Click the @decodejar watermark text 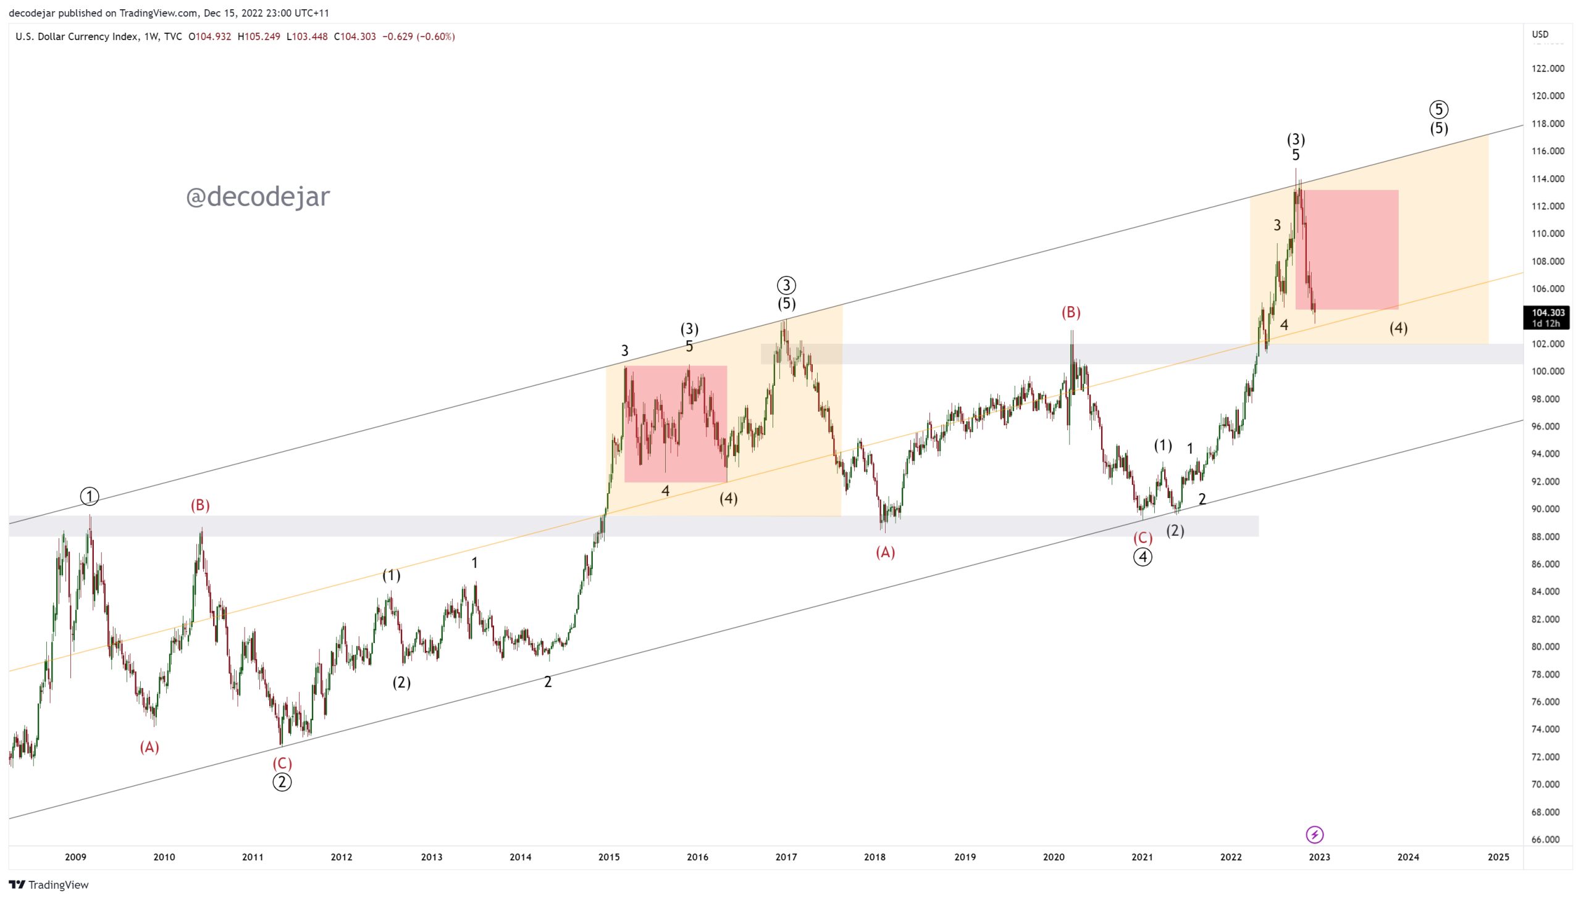click(258, 197)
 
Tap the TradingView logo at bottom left click(49, 884)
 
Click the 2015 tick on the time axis click(609, 857)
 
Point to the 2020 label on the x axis click(1054, 857)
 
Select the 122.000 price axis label click(1548, 69)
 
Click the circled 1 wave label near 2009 click(90, 496)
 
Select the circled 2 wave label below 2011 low click(282, 783)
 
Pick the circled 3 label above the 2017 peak click(786, 286)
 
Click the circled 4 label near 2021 click(1143, 557)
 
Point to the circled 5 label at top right click(1439, 110)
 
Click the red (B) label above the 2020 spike click(1071, 313)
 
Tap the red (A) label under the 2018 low click(885, 552)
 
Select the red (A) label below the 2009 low click(149, 747)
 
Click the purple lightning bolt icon click(1315, 835)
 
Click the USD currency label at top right click(1540, 35)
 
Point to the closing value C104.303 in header click(355, 36)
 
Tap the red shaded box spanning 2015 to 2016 click(676, 423)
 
